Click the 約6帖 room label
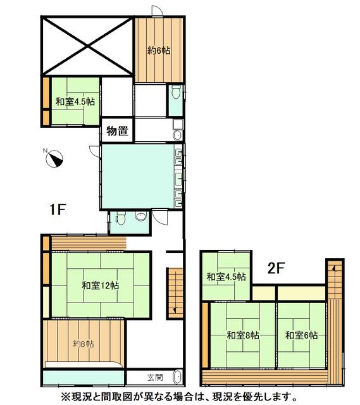point(159,51)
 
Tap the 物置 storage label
point(118,131)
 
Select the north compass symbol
point(55,158)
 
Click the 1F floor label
point(58,209)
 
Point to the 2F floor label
point(276,268)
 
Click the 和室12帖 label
point(101,285)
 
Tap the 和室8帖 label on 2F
point(243,335)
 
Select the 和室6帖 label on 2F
point(301,335)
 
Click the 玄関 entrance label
point(155,377)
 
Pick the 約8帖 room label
point(84,344)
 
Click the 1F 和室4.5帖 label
point(75,101)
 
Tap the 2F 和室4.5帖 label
point(227,277)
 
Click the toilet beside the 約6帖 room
point(176,92)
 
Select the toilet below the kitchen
point(121,218)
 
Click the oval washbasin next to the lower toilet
point(140,216)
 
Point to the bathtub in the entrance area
point(178,377)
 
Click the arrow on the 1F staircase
point(176,309)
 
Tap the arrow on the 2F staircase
point(334,268)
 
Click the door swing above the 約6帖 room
point(157,11)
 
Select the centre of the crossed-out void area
point(87,46)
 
